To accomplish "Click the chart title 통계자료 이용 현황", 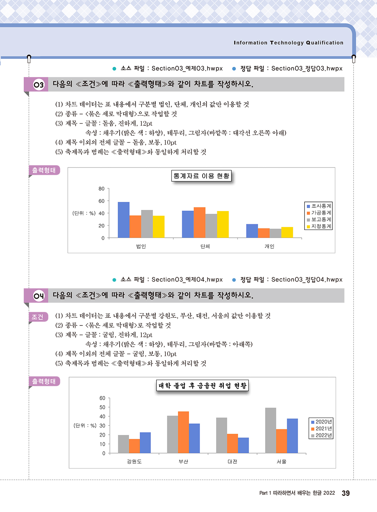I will pyautogui.click(x=201, y=176).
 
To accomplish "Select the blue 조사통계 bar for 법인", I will pyautogui.click(x=124, y=220).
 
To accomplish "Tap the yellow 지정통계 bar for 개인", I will pyautogui.click(x=287, y=232).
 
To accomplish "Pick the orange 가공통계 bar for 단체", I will pyautogui.click(x=199, y=222).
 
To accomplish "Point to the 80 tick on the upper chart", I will pyautogui.click(x=101, y=189).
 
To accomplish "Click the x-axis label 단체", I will pyautogui.click(x=205, y=246).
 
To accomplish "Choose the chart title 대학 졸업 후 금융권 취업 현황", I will pyautogui.click(x=203, y=385).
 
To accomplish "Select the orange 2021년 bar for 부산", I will pyautogui.click(x=184, y=432).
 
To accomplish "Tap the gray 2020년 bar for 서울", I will pyautogui.click(x=271, y=430).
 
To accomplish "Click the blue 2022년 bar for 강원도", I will pyautogui.click(x=145, y=443).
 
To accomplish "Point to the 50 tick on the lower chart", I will pyautogui.click(x=102, y=407).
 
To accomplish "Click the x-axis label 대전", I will pyautogui.click(x=233, y=462).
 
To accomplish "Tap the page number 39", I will pyautogui.click(x=346, y=493).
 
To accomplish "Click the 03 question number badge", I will pyautogui.click(x=38, y=85).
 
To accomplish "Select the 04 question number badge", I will pyautogui.click(x=38, y=296).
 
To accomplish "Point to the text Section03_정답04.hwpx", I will pyautogui.click(x=307, y=280).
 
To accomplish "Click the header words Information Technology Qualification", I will pyautogui.click(x=289, y=43).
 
